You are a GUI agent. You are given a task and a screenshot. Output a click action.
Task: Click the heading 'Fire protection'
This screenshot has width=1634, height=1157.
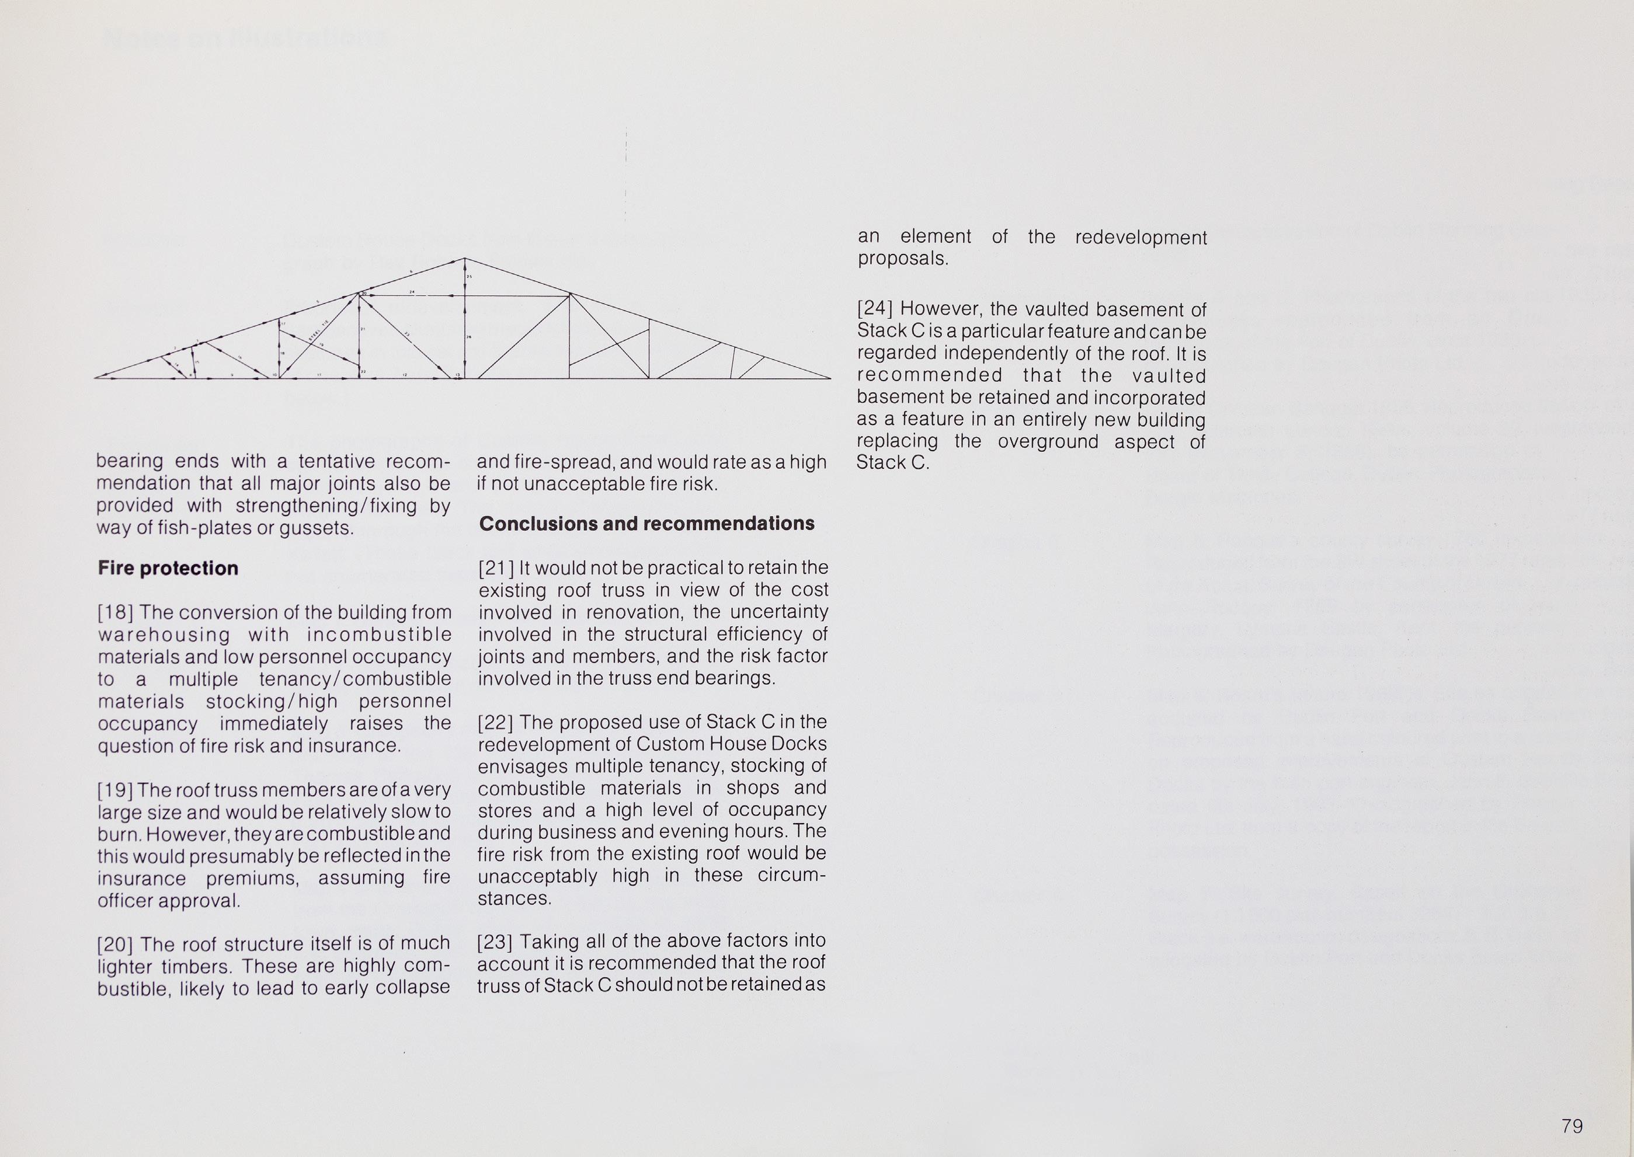[x=168, y=568]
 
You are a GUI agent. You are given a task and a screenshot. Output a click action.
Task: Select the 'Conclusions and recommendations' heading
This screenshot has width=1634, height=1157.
[x=646, y=524]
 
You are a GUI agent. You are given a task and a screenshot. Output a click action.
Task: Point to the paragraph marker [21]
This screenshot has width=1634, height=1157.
[x=496, y=569]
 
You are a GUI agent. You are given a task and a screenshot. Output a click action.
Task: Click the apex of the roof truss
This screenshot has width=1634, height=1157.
[x=465, y=259]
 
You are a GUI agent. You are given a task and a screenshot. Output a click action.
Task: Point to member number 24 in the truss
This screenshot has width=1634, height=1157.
[x=411, y=292]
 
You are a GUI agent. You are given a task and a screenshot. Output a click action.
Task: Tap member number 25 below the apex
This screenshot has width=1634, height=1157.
[x=470, y=277]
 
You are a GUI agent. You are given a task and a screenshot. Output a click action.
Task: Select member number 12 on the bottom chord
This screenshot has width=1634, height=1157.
[x=404, y=374]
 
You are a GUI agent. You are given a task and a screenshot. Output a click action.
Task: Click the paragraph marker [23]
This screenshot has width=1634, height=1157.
[x=495, y=942]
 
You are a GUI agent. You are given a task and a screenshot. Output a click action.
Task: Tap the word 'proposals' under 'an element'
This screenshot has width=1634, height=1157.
[x=903, y=259]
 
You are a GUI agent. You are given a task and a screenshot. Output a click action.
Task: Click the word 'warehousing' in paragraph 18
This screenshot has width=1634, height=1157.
[x=164, y=635]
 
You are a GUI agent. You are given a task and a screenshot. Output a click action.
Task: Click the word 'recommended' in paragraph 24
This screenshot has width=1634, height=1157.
[x=929, y=375]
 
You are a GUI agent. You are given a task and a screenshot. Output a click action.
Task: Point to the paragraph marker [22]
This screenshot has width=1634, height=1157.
[x=495, y=723]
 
